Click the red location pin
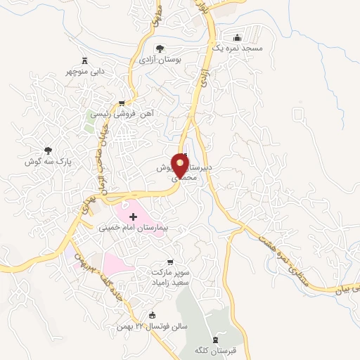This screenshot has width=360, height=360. pos(181,165)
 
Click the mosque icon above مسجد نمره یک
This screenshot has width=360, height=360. pos(237,37)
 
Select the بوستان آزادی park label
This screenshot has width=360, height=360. pos(160,60)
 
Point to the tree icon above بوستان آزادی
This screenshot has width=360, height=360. pos(160,49)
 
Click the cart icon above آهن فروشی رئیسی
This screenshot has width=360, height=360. pos(122,103)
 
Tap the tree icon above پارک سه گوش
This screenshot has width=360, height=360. pos(49,150)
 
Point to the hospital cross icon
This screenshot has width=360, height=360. pos(133,217)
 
